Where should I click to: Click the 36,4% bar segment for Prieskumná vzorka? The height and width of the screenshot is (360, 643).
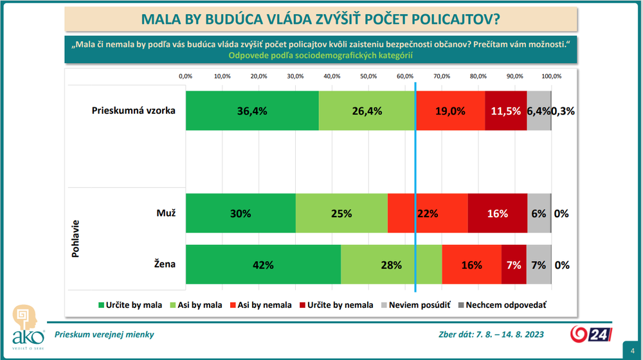tap(252, 111)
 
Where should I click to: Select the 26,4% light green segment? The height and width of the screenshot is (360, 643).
tap(367, 111)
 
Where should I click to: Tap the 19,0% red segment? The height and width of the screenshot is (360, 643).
tap(450, 111)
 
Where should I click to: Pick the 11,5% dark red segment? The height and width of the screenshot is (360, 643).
tap(506, 111)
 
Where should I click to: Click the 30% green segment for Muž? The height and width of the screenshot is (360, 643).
tap(240, 213)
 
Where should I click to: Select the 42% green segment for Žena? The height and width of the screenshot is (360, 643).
tap(263, 264)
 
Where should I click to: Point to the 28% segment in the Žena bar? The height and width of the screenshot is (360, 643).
tap(391, 264)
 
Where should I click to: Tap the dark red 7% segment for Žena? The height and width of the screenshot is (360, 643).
tap(514, 264)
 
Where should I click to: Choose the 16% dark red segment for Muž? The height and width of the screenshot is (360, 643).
tap(498, 213)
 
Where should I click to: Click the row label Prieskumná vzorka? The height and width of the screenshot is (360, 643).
tap(132, 110)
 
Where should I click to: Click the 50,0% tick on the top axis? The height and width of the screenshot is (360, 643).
tap(368, 76)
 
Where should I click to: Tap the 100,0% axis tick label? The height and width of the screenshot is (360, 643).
tap(551, 76)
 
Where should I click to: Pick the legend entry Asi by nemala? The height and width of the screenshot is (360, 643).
tap(260, 305)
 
